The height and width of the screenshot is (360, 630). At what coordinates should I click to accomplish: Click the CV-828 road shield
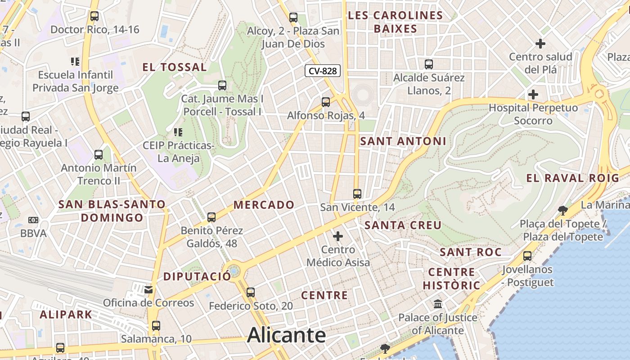point(323,71)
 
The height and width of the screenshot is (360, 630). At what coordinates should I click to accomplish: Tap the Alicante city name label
point(286,335)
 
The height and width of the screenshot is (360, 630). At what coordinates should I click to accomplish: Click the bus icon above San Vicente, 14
point(357,194)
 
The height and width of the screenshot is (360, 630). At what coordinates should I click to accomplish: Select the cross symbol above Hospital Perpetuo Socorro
point(533,95)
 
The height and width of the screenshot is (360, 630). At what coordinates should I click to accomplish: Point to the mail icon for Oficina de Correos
point(148,289)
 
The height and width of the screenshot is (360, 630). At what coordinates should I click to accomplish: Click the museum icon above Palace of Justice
point(438,304)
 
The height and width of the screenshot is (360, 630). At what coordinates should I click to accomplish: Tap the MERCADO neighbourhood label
point(264,205)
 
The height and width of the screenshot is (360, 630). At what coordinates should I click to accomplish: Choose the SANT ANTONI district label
point(403,141)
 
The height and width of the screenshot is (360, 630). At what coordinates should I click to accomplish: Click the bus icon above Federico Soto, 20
point(251,292)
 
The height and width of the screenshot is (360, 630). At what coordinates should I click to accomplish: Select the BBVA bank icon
point(33,220)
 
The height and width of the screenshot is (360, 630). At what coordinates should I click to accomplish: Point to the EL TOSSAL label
point(175,67)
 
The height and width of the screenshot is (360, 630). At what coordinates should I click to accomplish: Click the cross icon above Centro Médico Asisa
point(338,236)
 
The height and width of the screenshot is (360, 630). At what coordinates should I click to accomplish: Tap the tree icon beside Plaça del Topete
point(562,210)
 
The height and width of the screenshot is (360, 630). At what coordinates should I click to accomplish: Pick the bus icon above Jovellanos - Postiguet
point(527,256)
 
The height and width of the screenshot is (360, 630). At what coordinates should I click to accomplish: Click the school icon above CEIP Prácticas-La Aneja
point(178,132)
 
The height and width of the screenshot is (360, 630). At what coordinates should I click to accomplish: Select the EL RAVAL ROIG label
point(573,178)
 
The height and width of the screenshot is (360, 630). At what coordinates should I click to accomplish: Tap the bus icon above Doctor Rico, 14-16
point(94,16)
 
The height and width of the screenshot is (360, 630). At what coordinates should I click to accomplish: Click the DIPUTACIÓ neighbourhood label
point(197,276)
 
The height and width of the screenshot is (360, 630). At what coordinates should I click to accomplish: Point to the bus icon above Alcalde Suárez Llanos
point(429,64)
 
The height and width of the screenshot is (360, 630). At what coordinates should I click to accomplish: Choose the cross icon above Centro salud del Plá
point(540,44)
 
